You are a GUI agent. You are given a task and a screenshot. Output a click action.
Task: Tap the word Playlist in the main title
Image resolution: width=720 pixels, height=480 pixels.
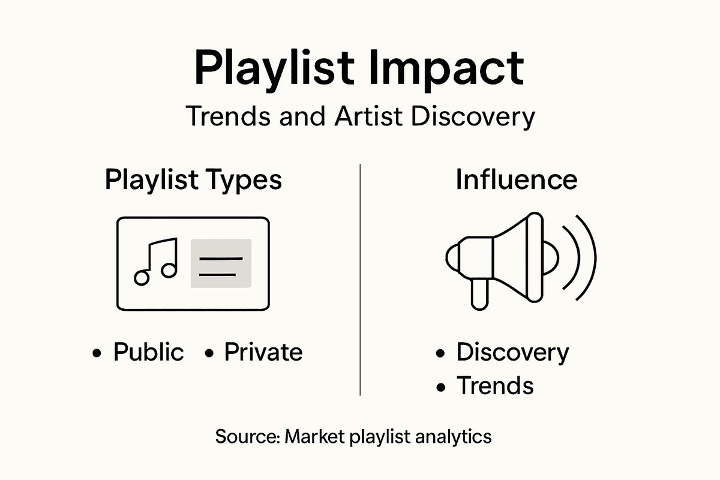[x=271, y=70]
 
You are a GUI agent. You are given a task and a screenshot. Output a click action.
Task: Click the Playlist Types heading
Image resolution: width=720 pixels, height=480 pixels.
[x=193, y=180]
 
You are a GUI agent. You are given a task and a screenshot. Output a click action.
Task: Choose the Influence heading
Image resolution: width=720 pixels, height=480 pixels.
[x=517, y=180]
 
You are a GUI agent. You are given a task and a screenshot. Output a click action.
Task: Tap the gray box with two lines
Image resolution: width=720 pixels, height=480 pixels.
[x=221, y=263]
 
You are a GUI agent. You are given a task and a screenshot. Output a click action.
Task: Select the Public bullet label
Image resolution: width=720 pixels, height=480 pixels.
[x=148, y=352]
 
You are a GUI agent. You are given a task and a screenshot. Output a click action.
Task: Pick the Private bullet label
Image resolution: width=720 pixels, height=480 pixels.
[x=263, y=352]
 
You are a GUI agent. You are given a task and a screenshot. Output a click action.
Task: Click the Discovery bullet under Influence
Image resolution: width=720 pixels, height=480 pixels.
[x=512, y=352]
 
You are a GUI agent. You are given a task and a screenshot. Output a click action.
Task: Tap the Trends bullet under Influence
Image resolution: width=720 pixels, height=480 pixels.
[x=494, y=385]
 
